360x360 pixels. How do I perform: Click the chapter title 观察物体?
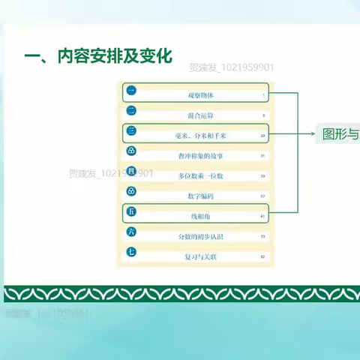pyautogui.click(x=200, y=95)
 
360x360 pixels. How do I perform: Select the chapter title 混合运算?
pyautogui.click(x=200, y=115)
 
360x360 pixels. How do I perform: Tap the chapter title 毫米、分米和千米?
pyautogui.click(x=200, y=136)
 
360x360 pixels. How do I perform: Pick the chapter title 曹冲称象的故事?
pyautogui.click(x=200, y=155)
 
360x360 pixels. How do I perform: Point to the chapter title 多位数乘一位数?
pyautogui.click(x=200, y=175)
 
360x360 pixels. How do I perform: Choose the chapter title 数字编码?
pyautogui.click(x=200, y=196)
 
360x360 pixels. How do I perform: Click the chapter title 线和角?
pyautogui.click(x=200, y=216)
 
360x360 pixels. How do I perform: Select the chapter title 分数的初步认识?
pyautogui.click(x=200, y=236)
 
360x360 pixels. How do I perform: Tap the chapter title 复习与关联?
pyautogui.click(x=200, y=256)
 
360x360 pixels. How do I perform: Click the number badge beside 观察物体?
pyautogui.click(x=131, y=91)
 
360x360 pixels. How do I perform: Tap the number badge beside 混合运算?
pyautogui.click(x=131, y=111)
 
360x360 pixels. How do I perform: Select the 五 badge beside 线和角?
pyautogui.click(x=131, y=213)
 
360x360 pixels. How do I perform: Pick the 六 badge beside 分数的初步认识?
pyautogui.click(x=131, y=232)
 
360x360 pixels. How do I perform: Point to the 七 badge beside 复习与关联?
pyautogui.click(x=131, y=253)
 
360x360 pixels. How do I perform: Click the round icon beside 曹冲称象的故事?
pyautogui.click(x=131, y=151)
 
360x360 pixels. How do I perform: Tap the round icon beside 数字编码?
pyautogui.click(x=131, y=192)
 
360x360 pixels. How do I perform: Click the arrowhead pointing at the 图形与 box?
pyautogui.click(x=314, y=135)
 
